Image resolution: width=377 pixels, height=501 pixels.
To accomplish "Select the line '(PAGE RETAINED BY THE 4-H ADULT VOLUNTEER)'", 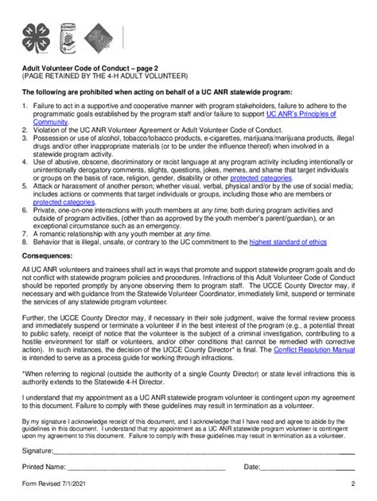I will point(104,77).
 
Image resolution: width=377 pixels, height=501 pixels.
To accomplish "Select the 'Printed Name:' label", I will point(45,466).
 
